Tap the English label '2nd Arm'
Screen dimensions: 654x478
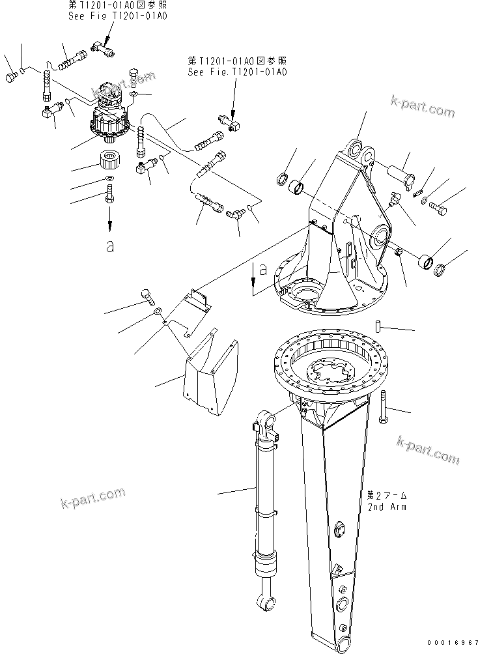coord(386,506)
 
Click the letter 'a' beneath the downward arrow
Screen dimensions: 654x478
coord(109,246)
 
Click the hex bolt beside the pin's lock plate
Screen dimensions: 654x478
coord(438,208)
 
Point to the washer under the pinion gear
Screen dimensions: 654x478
coord(109,179)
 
